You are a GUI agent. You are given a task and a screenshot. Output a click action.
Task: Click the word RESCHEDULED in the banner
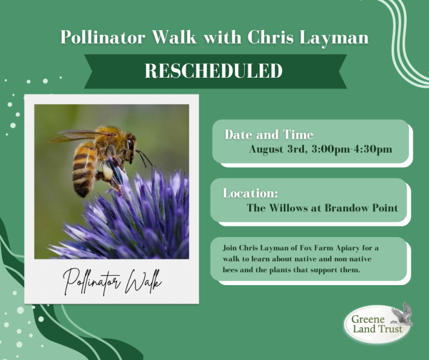[214, 71]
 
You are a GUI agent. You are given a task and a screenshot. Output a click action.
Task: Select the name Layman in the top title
[339, 37]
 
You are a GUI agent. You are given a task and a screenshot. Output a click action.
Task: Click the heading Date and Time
[269, 135]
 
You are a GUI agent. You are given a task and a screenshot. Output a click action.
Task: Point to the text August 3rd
[275, 149]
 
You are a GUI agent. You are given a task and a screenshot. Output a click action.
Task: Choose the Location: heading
[250, 193]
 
